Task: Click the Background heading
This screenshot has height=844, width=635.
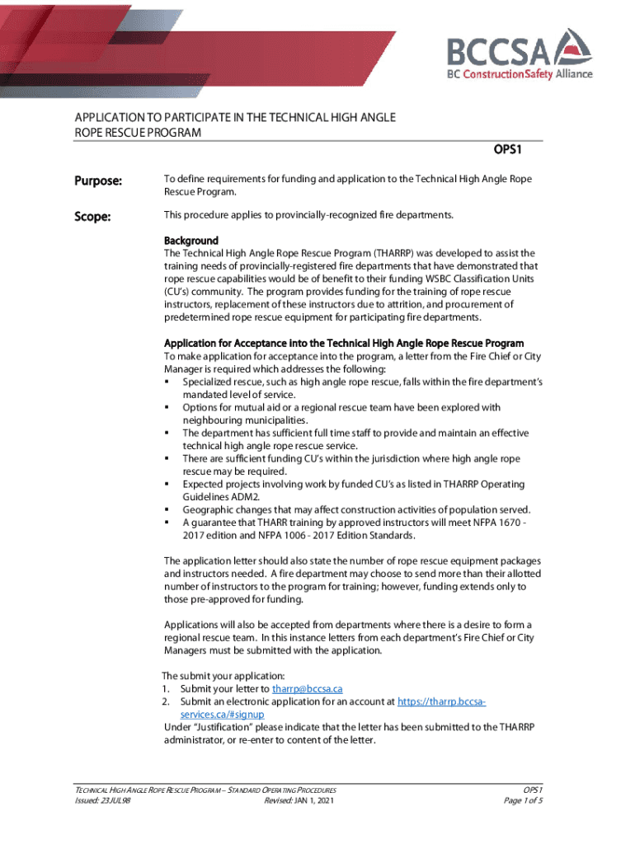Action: click(x=190, y=241)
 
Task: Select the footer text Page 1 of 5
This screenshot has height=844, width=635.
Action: click(x=522, y=800)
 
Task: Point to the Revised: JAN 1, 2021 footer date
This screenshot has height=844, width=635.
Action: click(x=299, y=800)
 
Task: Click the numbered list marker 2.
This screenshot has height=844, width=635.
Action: click(x=166, y=701)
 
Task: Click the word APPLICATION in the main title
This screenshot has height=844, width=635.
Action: click(x=115, y=118)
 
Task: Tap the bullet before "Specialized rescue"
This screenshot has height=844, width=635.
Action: click(x=167, y=382)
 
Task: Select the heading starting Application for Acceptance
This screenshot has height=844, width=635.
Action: click(x=343, y=343)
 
